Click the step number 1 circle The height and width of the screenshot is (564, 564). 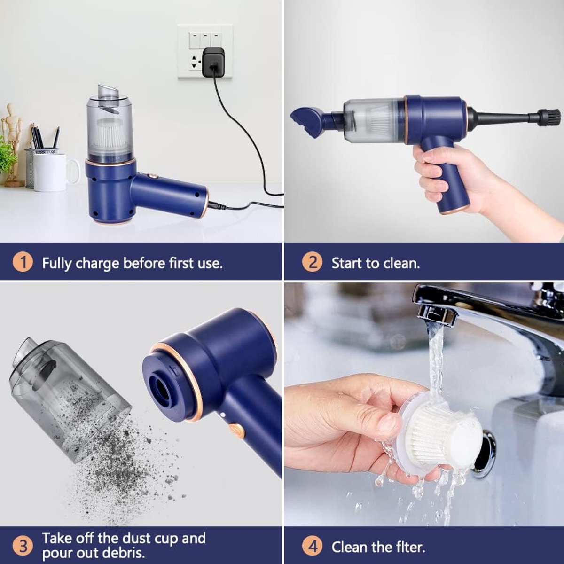pyautogui.click(x=23, y=262)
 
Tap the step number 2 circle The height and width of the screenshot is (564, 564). pyautogui.click(x=313, y=262)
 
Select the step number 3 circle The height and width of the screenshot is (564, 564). pyautogui.click(x=23, y=546)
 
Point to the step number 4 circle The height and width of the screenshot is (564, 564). pyautogui.click(x=313, y=547)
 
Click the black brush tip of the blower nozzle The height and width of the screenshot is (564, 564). pyautogui.click(x=549, y=116)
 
